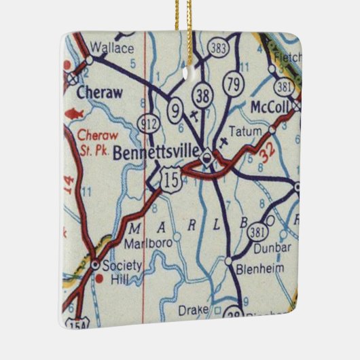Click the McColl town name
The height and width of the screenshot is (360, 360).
[270, 107]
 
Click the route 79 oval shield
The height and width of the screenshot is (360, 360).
[234, 84]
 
